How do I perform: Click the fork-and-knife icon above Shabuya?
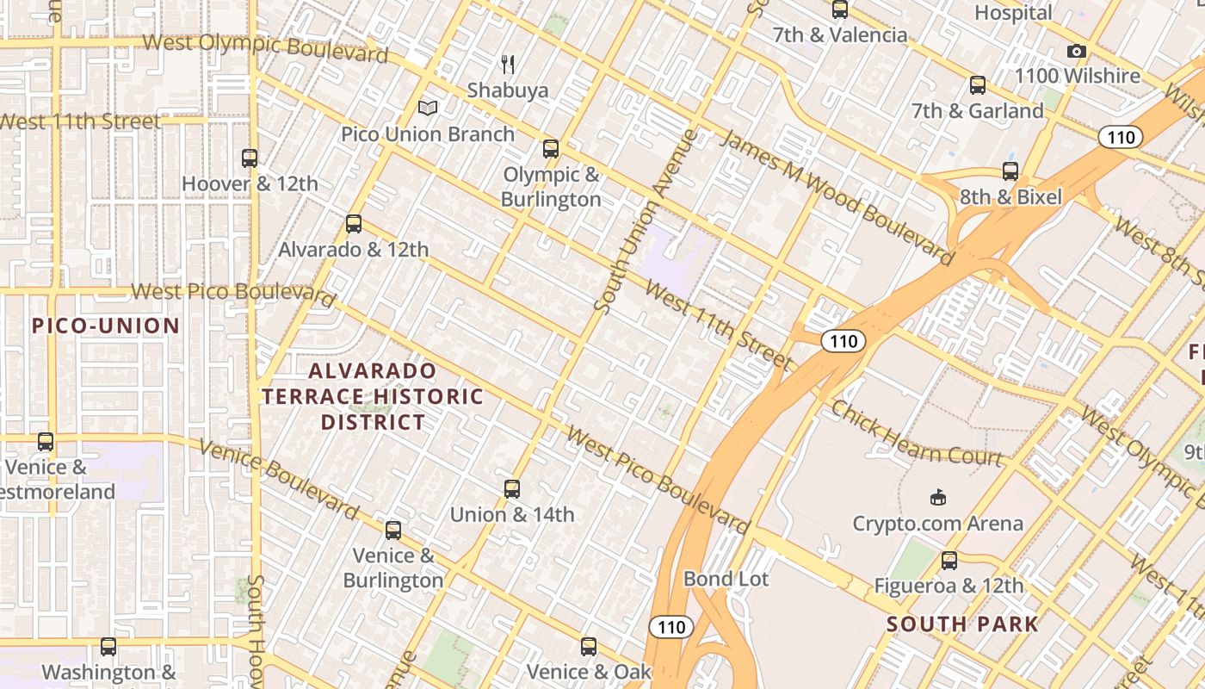tap(508, 64)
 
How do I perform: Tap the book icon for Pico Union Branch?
tap(428, 109)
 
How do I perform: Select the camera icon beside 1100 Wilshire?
tap(1076, 52)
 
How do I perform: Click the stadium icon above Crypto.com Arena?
tap(938, 497)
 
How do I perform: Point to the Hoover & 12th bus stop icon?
tap(250, 158)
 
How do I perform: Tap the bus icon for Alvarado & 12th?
tap(353, 224)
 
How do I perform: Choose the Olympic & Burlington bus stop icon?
tap(551, 149)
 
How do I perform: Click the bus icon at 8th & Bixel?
tap(1010, 171)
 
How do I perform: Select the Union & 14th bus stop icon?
tap(512, 489)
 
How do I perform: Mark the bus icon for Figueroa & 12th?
tap(949, 561)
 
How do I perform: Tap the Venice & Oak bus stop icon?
tap(589, 646)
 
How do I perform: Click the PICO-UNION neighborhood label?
tap(106, 326)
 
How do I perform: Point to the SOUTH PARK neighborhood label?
tap(962, 624)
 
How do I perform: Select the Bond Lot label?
tap(726, 579)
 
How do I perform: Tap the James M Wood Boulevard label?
tap(836, 197)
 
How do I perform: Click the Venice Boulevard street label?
tap(278, 480)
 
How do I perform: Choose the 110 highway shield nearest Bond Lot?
tap(670, 626)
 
